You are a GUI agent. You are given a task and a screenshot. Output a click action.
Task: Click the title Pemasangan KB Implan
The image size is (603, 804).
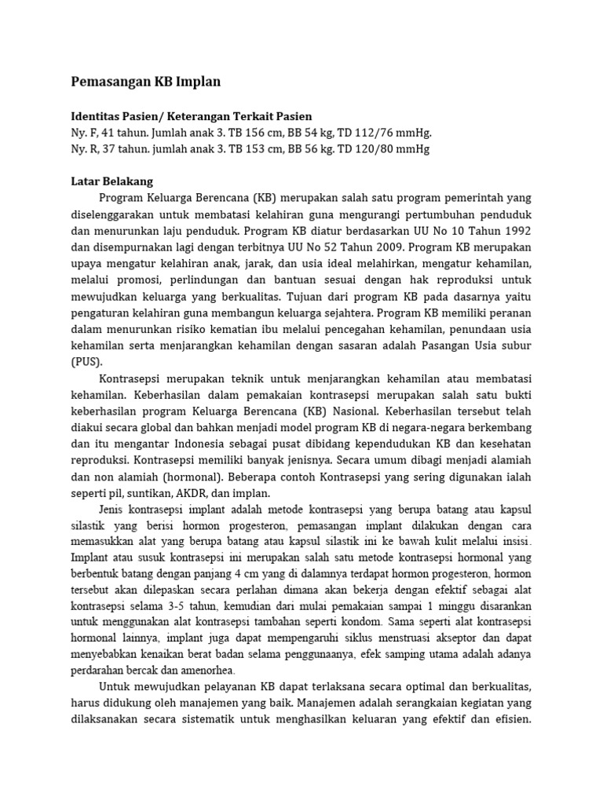tap(145, 81)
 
